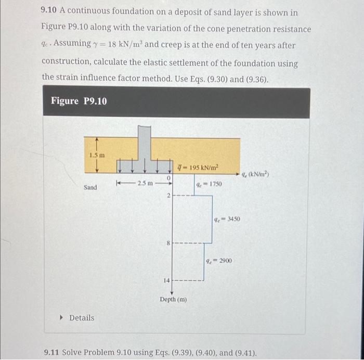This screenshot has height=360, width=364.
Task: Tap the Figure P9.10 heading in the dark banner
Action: click(79, 101)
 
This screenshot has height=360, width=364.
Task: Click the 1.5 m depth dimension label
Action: click(97, 155)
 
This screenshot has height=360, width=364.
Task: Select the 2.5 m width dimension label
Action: click(144, 183)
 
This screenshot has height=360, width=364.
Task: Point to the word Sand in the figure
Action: click(90, 187)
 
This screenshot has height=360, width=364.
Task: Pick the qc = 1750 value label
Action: click(209, 184)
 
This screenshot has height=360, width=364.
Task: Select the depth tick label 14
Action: click(167, 280)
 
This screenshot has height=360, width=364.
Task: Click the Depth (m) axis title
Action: click(173, 300)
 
